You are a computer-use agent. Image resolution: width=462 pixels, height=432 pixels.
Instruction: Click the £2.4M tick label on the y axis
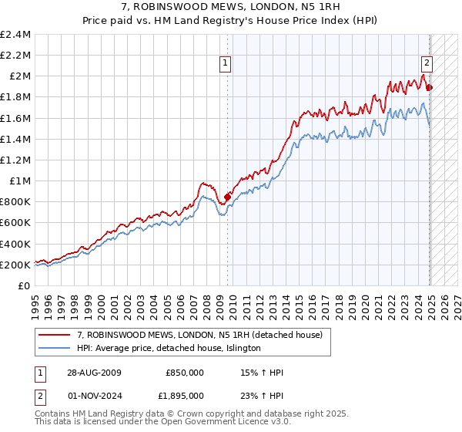pos(15,35)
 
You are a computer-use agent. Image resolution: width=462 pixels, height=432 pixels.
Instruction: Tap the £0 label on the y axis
pos(25,285)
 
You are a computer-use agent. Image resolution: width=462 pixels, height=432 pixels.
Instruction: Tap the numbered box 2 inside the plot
pos(427,64)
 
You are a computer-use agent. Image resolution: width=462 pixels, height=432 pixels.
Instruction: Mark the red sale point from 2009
pos(228,197)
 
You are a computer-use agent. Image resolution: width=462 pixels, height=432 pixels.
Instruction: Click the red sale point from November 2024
pos(430,87)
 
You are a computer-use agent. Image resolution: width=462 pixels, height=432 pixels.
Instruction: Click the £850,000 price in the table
pos(185,373)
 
